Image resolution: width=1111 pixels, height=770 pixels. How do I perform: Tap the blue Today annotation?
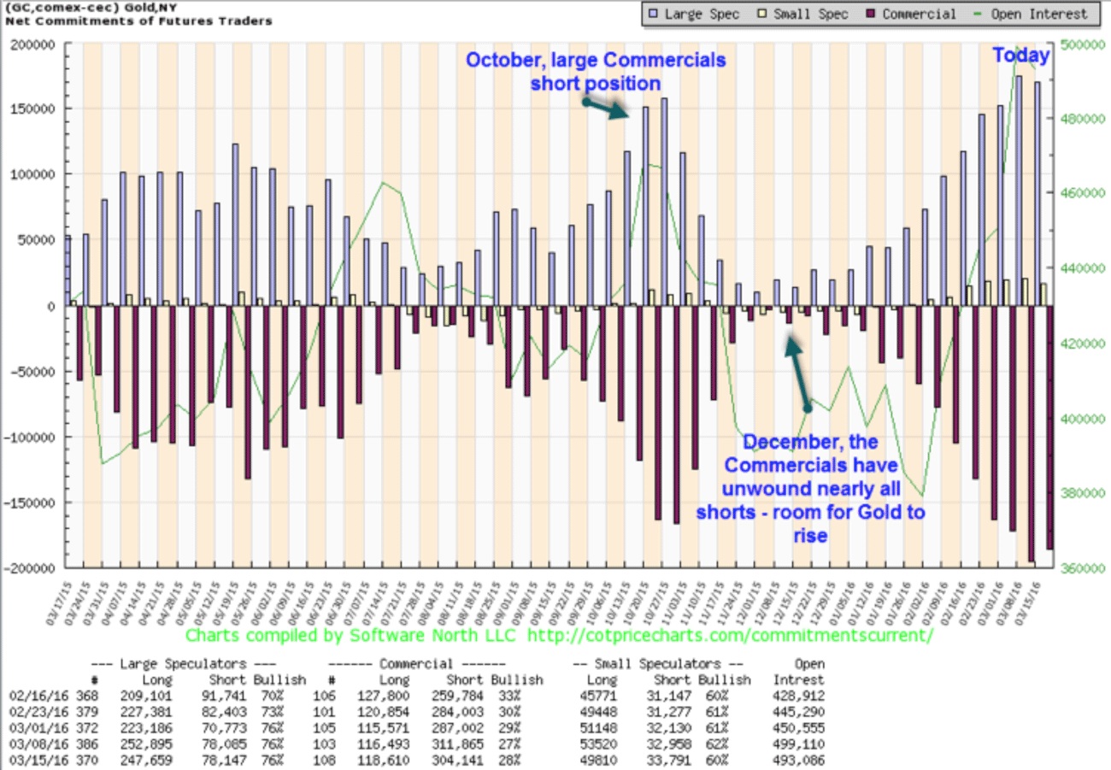point(1020,56)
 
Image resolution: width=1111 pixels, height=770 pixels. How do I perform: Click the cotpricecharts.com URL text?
point(729,637)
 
